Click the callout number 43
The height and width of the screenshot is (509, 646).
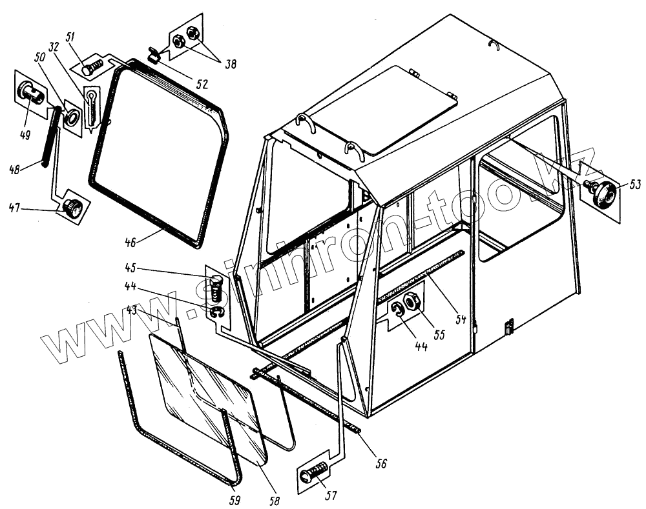click(131, 310)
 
